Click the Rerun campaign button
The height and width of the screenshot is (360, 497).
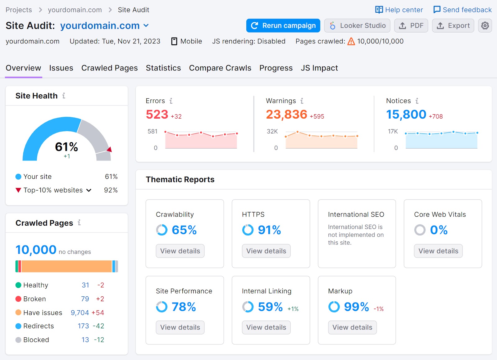pyautogui.click(x=283, y=25)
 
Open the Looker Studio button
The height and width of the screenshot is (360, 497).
pyautogui.click(x=358, y=25)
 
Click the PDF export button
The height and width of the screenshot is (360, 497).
pyautogui.click(x=411, y=25)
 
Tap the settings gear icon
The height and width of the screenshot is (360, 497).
pyautogui.click(x=485, y=25)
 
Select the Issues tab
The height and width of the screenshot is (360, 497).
pyautogui.click(x=61, y=68)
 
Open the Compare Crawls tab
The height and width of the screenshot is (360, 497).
pyautogui.click(x=220, y=68)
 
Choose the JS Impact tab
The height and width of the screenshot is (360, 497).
pyautogui.click(x=319, y=68)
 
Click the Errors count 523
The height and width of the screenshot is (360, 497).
pyautogui.click(x=157, y=115)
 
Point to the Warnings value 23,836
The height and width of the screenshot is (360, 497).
pyautogui.click(x=286, y=115)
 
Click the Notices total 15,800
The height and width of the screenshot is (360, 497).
pyautogui.click(x=406, y=115)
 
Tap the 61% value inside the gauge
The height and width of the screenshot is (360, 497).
pyautogui.click(x=66, y=146)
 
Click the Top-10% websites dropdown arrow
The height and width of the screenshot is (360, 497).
pyautogui.click(x=89, y=190)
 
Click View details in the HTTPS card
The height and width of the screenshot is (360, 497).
pyautogui.click(x=266, y=251)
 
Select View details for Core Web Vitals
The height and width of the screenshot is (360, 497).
pyautogui.click(x=438, y=251)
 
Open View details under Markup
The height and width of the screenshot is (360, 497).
pyautogui.click(x=352, y=327)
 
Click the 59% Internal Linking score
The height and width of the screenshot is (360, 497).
pyautogui.click(x=270, y=307)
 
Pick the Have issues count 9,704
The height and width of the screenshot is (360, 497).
pyautogui.click(x=80, y=313)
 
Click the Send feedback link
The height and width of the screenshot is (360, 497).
pyautogui.click(x=463, y=10)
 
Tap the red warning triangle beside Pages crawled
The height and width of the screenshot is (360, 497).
pyautogui.click(x=351, y=41)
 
